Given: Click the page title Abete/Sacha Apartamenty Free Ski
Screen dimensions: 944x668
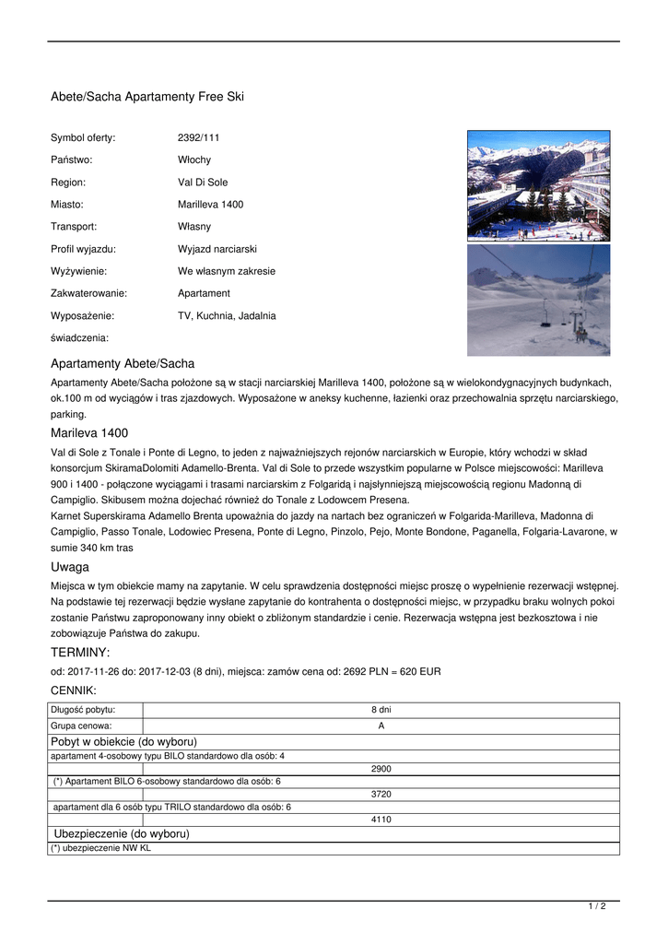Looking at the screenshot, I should click(x=147, y=97).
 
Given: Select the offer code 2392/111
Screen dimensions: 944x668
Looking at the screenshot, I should click(x=199, y=138).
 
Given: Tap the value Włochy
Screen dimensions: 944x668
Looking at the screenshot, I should click(x=194, y=160).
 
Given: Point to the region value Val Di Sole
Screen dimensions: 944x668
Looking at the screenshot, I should click(x=203, y=183).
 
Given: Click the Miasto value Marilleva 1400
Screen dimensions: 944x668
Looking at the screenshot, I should click(x=211, y=205).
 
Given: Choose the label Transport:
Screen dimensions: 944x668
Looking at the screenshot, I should click(x=74, y=227).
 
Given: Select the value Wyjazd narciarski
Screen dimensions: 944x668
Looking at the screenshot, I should click(x=217, y=249).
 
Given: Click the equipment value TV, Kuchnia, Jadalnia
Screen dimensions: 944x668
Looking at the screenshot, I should click(x=227, y=316).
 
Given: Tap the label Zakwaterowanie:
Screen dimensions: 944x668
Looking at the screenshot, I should click(x=88, y=293).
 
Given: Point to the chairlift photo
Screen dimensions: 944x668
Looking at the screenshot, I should click(x=538, y=300).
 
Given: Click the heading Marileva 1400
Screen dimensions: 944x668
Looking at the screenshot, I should click(x=89, y=433).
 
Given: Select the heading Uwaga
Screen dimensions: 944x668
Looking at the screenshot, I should click(x=70, y=567).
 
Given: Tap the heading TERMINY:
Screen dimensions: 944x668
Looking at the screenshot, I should click(x=80, y=653).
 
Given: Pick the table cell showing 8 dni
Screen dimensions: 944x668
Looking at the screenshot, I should click(x=381, y=710).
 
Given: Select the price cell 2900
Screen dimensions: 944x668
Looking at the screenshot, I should click(x=381, y=769).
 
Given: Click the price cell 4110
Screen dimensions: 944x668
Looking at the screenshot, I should click(x=381, y=820).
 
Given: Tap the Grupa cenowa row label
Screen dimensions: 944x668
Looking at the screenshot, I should click(x=81, y=726).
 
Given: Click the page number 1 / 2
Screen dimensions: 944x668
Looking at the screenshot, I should click(x=597, y=907).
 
